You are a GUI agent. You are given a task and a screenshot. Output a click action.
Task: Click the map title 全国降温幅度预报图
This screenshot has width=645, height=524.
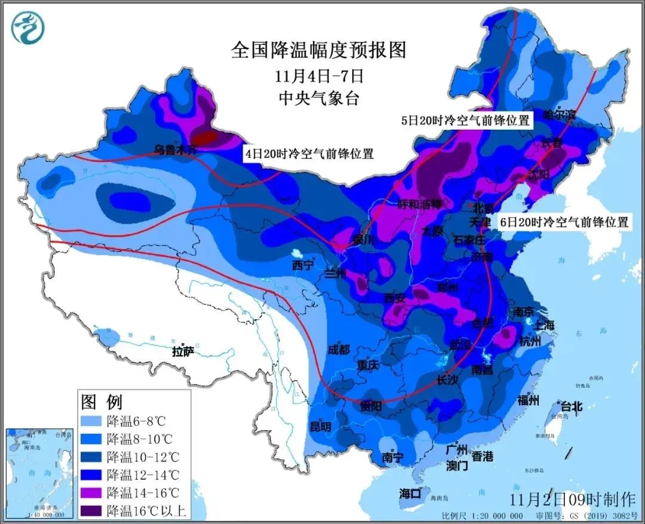318,50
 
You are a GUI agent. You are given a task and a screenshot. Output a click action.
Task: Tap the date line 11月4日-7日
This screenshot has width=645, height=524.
320,76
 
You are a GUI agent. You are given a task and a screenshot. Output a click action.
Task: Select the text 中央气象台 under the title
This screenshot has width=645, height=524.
320,98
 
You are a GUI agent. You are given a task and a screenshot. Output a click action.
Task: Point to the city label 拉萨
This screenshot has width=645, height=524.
183,351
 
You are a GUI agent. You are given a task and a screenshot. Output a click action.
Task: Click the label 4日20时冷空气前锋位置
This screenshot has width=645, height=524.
309,154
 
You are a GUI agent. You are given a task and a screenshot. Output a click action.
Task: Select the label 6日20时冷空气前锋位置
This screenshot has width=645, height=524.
564,222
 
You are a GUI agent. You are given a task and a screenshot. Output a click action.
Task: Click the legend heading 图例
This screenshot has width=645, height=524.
101,401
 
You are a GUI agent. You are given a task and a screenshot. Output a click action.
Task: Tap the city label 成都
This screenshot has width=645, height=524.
339,349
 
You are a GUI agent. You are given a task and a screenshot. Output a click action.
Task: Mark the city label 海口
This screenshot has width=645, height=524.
410,494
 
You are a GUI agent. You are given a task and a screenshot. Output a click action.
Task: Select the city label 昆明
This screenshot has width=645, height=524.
320,427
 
